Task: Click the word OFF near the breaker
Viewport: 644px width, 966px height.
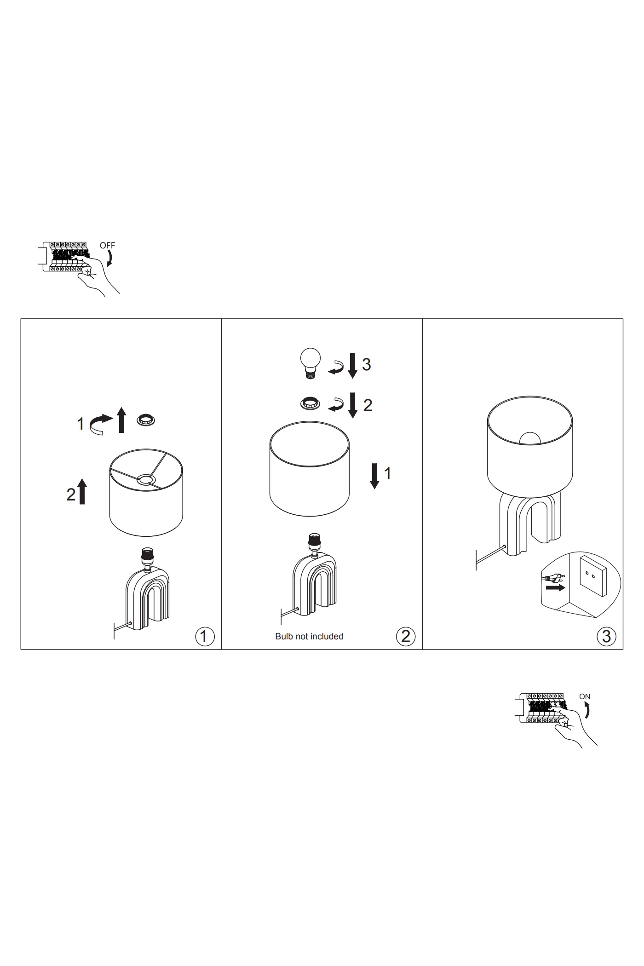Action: pos(107,246)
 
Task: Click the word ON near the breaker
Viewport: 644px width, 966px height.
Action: pos(585,696)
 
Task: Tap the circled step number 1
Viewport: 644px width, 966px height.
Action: pos(205,636)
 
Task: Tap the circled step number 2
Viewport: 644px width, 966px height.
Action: pos(405,636)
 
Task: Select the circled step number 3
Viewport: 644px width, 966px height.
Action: pos(606,636)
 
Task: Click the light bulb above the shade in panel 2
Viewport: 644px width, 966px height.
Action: pos(310,363)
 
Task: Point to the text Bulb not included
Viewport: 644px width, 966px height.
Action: pos(309,636)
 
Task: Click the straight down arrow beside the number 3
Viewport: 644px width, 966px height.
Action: pos(352,365)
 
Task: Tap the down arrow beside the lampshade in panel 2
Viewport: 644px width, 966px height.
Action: pos(375,476)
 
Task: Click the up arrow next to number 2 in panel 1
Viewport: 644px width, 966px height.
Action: pos(82,491)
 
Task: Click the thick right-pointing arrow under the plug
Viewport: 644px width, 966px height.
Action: pos(556,588)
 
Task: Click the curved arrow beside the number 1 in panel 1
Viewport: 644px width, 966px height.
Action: pos(100,424)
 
